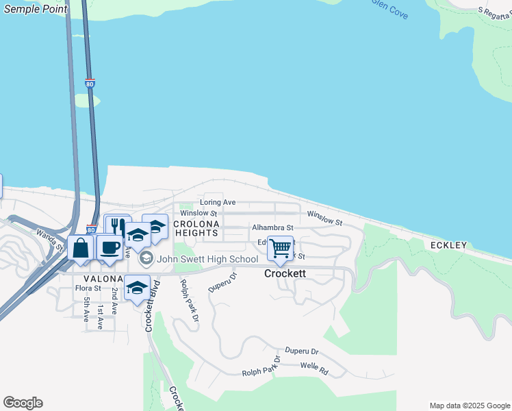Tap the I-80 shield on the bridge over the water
[90, 84]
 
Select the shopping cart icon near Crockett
[280, 248]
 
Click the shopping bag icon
[81, 247]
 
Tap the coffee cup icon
[109, 247]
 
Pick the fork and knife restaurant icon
[118, 227]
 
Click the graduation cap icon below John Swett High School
[137, 287]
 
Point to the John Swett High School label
[207, 259]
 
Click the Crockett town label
[285, 273]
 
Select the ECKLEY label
[448, 245]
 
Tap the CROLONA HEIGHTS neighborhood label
[196, 229]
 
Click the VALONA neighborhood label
[103, 279]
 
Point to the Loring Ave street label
[218, 203]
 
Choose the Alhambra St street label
[272, 227]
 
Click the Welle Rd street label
[314, 372]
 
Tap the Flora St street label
[88, 289]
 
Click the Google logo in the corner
[23, 403]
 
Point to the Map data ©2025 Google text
[470, 406]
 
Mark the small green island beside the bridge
[87, 101]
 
